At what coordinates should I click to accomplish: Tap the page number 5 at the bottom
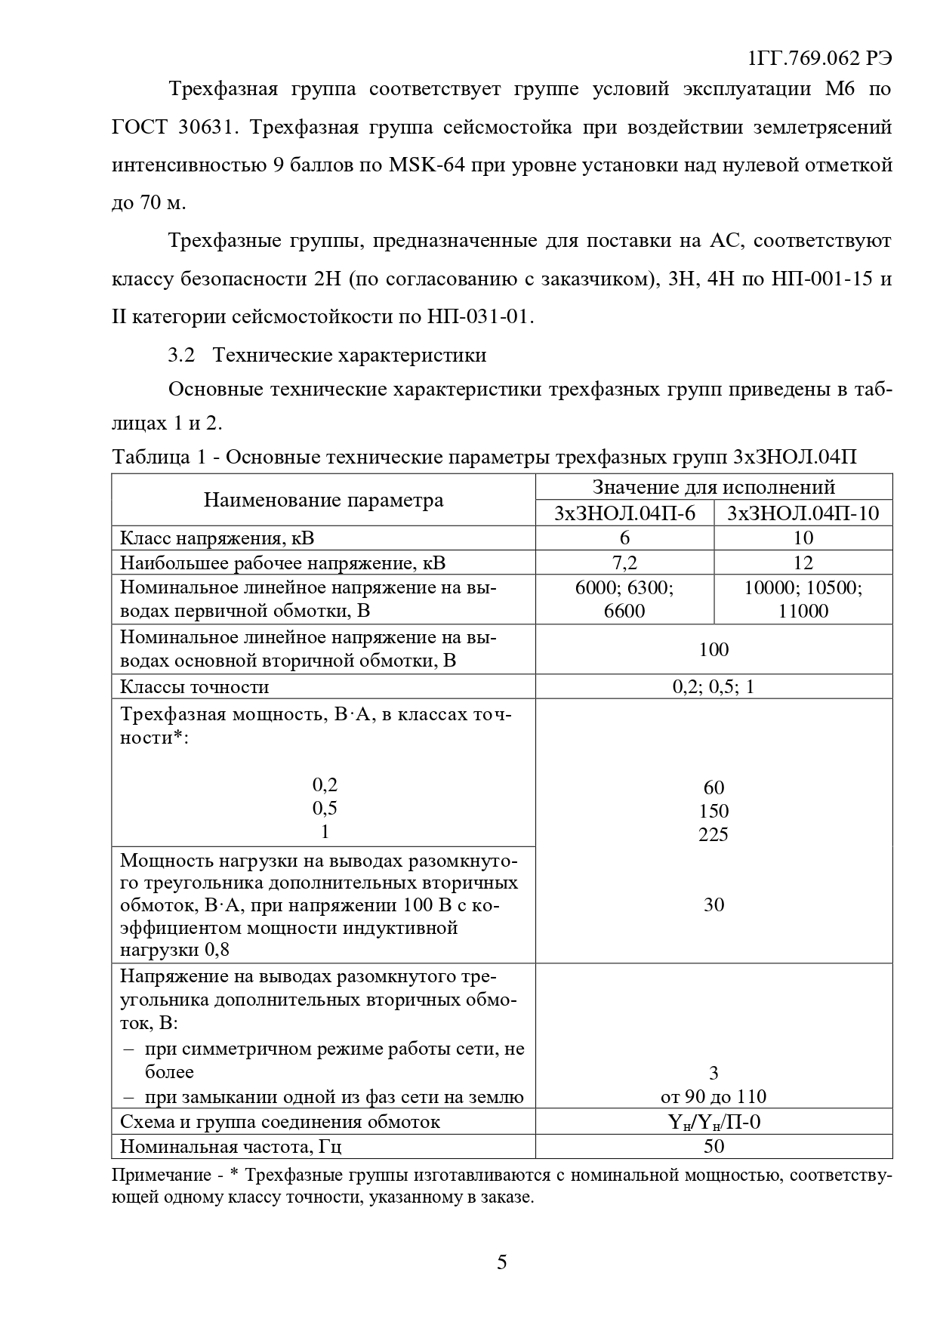pos(502,1262)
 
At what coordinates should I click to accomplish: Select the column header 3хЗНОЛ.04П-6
pos(624,513)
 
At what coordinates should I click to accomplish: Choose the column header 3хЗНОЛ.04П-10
pos(803,513)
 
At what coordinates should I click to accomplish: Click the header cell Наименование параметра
pos(323,500)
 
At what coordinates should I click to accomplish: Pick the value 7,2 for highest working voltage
pos(624,562)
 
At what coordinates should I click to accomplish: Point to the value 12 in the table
pos(803,562)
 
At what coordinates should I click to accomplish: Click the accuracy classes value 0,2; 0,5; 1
pos(714,687)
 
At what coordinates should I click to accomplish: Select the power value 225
pos(714,834)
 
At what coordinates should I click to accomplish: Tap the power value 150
pos(714,812)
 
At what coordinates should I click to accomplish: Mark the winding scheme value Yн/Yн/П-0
pos(714,1122)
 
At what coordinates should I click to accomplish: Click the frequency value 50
pos(714,1146)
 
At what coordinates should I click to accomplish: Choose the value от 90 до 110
pos(714,1097)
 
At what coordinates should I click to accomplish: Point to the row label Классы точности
pos(195,687)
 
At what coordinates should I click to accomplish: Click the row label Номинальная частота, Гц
pos(231,1147)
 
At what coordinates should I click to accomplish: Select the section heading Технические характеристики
pos(350,355)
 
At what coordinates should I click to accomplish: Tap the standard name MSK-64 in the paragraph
pos(427,165)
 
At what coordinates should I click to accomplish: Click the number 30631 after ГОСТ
pos(208,127)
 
